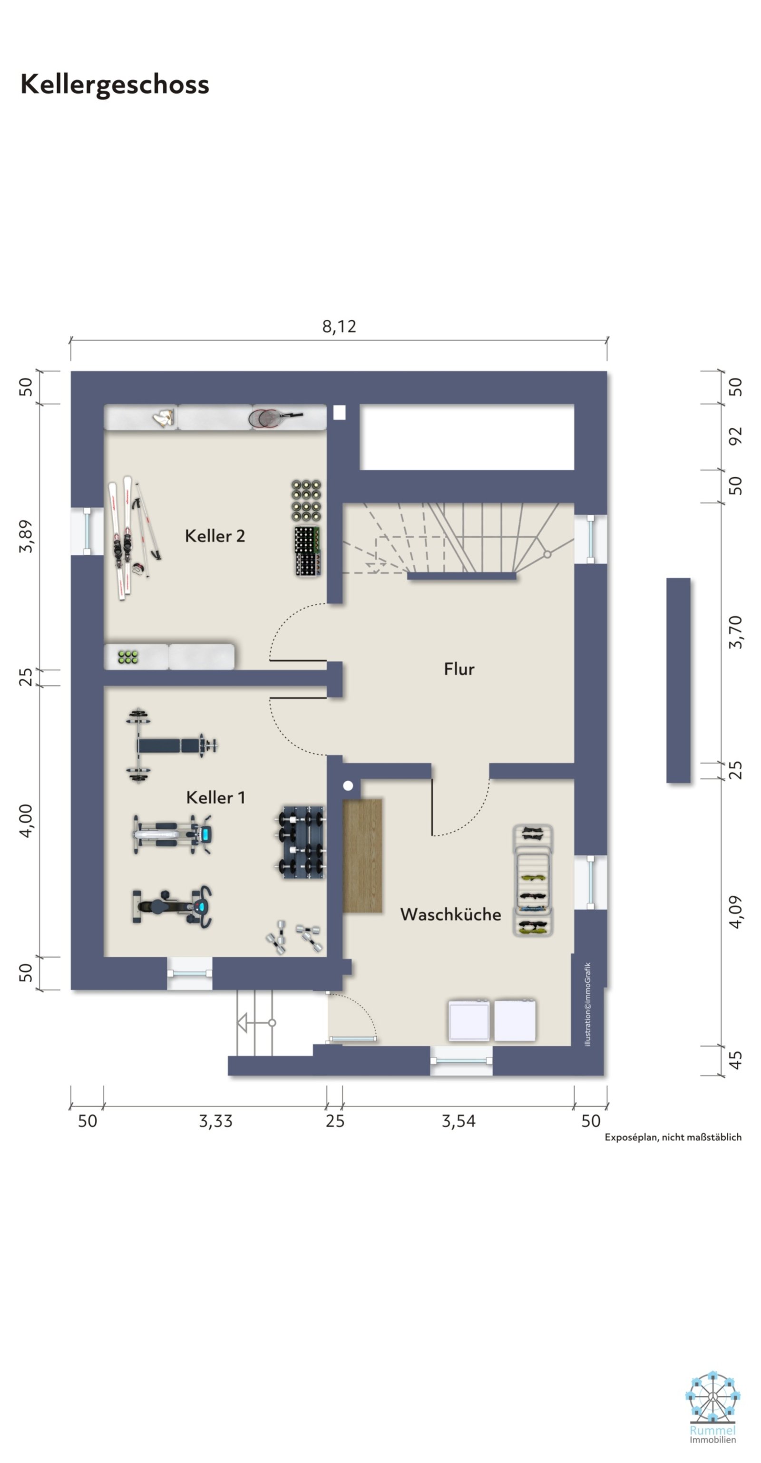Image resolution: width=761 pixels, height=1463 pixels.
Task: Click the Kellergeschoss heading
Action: [x=115, y=85]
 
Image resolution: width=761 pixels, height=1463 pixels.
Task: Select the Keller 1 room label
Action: [x=215, y=797]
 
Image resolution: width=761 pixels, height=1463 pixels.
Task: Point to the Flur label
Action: [x=459, y=669]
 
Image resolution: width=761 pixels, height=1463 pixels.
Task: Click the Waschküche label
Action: [x=451, y=914]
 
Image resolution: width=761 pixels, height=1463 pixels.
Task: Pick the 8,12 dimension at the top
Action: [x=339, y=327]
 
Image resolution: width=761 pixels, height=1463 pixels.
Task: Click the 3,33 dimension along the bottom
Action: [x=215, y=1121]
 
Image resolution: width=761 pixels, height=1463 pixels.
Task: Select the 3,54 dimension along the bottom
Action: [x=459, y=1121]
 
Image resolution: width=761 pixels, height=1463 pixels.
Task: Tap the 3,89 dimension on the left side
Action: [x=26, y=536]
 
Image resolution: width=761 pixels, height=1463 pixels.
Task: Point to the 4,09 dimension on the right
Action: [x=735, y=912]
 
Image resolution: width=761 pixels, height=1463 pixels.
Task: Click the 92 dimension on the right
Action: [x=735, y=436]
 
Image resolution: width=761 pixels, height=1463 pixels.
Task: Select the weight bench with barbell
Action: [x=172, y=746]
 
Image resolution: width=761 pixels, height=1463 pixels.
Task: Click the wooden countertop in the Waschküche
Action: [x=362, y=856]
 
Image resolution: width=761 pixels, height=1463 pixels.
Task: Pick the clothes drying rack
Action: [x=533, y=880]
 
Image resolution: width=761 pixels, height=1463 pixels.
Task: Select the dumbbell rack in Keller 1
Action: [x=301, y=842]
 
